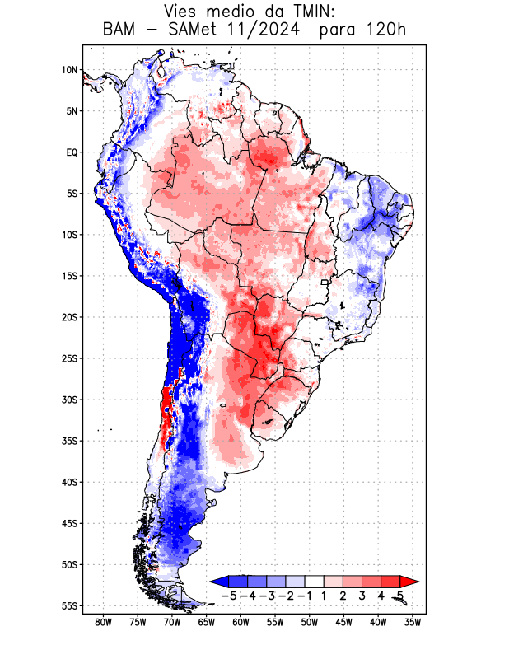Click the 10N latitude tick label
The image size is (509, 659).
pos(68,70)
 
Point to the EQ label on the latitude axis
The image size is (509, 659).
pos(71,152)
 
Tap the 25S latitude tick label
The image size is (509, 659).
pos(68,358)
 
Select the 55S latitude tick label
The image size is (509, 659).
pos(68,606)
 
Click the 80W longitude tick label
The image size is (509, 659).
pos(103,622)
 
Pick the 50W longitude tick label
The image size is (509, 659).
pos(309,622)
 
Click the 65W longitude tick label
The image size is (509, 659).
pos(206,622)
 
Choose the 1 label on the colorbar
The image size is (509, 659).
pos(324,596)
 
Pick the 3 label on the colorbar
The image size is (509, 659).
pos(362,596)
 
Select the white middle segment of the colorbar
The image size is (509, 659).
pos(315,581)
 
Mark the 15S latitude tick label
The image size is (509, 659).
pos(68,276)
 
